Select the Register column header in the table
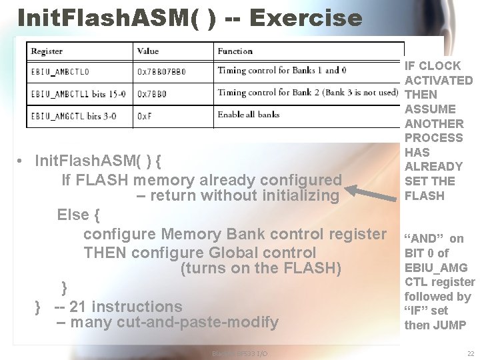click(x=47, y=51)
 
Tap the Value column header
click(x=148, y=51)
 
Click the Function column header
click(x=235, y=51)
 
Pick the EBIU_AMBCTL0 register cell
click(x=60, y=71)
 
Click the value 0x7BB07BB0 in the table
click(x=162, y=71)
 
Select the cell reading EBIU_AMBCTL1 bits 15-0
click(x=73, y=93)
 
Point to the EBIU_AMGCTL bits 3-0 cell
click(x=73, y=115)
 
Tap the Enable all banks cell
click(x=249, y=115)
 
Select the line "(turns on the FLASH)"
click(x=261, y=269)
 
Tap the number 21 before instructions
click(x=78, y=307)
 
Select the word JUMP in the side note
click(x=451, y=325)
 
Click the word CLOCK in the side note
click(x=440, y=65)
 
